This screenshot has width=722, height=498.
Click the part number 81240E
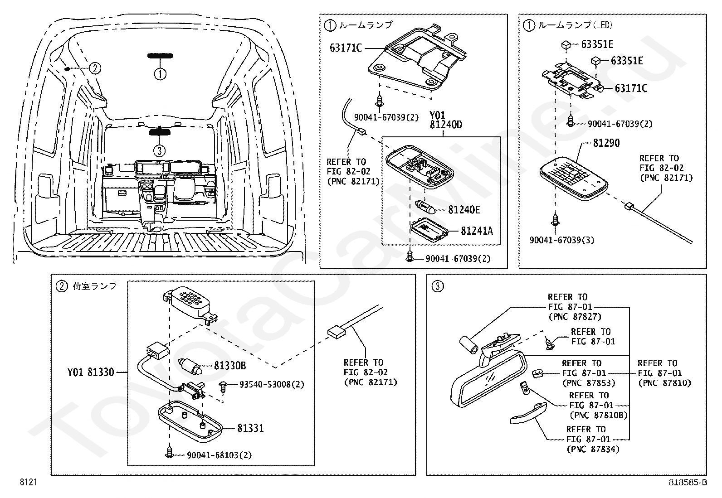(x=464, y=210)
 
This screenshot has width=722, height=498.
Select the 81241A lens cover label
(x=477, y=231)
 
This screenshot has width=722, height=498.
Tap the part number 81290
(x=606, y=143)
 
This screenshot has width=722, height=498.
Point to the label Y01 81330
(x=91, y=372)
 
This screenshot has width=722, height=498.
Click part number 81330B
(x=230, y=365)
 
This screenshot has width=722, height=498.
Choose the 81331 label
(x=250, y=428)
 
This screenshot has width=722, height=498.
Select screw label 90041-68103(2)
(x=219, y=455)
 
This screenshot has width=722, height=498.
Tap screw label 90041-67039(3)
(x=561, y=240)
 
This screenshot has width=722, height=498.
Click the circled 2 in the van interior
(x=94, y=68)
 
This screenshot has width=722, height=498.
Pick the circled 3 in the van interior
(x=159, y=150)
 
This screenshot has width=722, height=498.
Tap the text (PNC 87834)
(x=593, y=449)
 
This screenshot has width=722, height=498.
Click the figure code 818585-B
(x=688, y=483)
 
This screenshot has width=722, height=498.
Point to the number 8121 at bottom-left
(x=28, y=483)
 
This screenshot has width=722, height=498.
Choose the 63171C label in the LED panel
(x=630, y=88)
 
